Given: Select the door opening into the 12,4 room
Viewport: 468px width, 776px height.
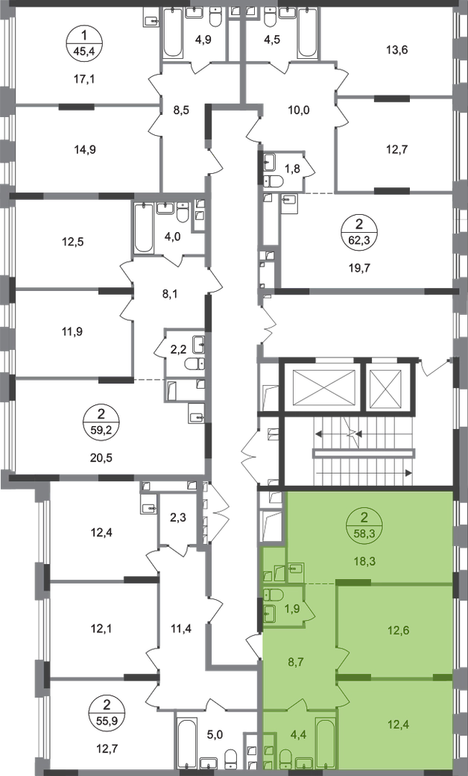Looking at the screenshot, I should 342,695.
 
